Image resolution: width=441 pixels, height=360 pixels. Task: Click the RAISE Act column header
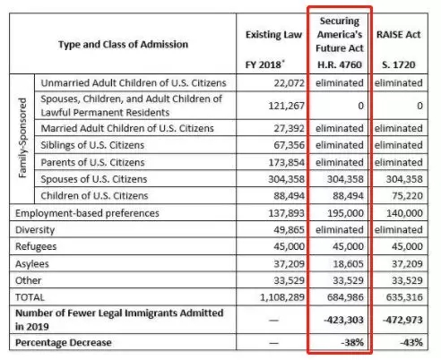(x=398, y=35)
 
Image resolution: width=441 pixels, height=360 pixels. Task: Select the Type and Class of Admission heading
(x=123, y=45)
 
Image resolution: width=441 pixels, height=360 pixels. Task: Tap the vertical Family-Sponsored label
(x=22, y=138)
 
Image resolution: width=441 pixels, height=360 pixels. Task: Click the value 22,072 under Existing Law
(x=289, y=82)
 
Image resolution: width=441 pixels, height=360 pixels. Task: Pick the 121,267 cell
(x=286, y=106)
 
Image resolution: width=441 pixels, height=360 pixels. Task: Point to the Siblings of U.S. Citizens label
(x=92, y=145)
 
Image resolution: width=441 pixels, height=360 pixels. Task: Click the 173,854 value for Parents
(x=286, y=162)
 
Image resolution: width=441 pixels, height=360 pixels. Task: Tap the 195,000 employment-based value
(x=345, y=213)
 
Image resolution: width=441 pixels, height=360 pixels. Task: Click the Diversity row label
(x=35, y=230)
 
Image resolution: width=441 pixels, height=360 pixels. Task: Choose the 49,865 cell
(x=289, y=230)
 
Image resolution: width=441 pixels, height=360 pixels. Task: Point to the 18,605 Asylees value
(x=348, y=264)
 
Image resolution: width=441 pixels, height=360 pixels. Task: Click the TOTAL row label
(x=30, y=297)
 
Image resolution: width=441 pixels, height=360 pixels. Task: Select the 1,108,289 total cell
(x=282, y=297)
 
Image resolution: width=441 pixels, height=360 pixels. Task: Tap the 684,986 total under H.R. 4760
(x=345, y=297)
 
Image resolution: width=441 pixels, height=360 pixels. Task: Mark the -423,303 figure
(x=343, y=320)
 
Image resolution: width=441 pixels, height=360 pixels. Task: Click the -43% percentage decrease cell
(x=411, y=342)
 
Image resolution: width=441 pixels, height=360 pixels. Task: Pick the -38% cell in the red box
(x=352, y=342)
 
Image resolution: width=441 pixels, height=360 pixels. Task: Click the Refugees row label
(x=36, y=246)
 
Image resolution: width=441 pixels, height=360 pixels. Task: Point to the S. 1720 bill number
(x=399, y=64)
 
